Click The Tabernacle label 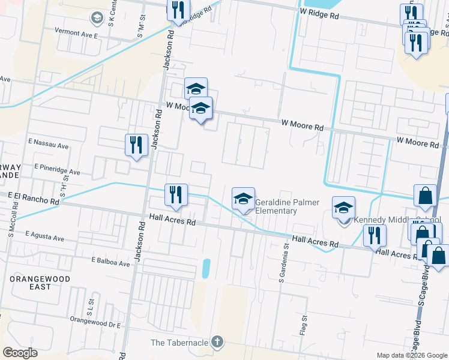tap(179, 343)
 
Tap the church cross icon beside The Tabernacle tap(217, 343)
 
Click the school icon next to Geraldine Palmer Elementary tap(243, 199)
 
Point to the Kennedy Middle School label tap(397, 220)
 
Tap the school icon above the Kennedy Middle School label tap(344, 208)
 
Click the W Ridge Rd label tap(321, 13)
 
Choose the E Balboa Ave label tap(110, 262)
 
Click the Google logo tap(20, 353)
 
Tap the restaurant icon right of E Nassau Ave tap(137, 145)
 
